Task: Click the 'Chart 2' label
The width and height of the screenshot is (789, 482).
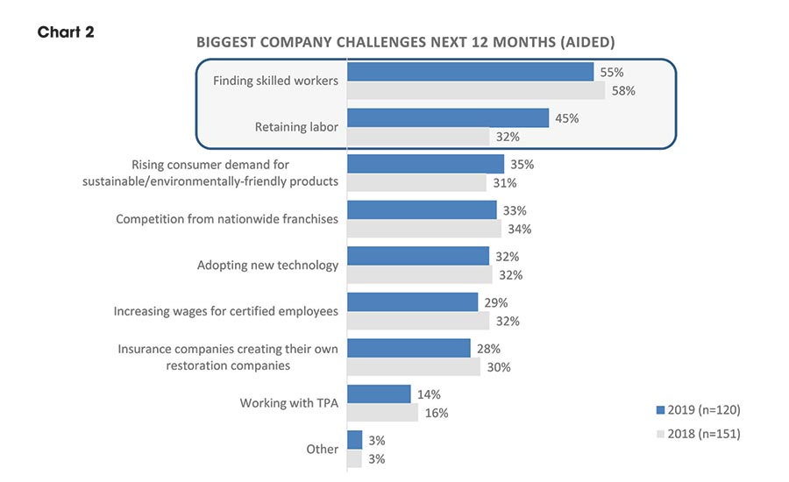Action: (66, 32)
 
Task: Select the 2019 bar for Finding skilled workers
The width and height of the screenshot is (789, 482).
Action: (471, 72)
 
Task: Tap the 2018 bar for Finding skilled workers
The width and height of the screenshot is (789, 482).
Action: (476, 91)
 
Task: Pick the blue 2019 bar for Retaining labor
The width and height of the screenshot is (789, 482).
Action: (448, 118)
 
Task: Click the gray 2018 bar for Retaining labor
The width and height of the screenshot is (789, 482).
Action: (418, 137)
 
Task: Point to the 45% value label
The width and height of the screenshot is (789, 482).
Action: (566, 118)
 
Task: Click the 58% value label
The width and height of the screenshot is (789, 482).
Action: (622, 91)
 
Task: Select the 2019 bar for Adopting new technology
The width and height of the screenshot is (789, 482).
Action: (418, 256)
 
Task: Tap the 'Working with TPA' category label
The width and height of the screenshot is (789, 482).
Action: (288, 403)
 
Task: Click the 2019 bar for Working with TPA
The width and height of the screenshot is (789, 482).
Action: (379, 393)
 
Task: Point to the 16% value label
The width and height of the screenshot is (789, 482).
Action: (436, 413)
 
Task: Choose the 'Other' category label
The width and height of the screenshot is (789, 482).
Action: (322, 449)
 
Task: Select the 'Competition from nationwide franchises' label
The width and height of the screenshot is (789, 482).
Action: (227, 219)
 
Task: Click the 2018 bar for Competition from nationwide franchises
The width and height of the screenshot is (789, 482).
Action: (424, 229)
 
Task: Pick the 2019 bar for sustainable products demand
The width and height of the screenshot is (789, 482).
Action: (426, 164)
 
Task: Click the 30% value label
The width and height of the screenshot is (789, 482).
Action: (498, 367)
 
